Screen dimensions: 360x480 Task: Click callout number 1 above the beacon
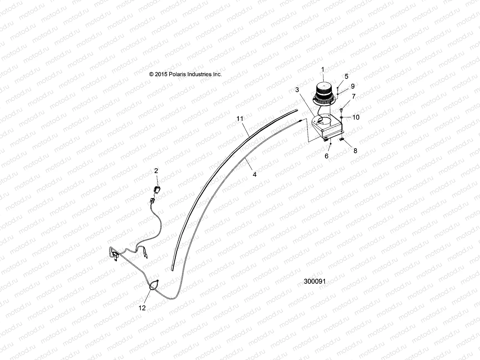click(323, 70)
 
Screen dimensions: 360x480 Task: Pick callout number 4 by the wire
click(254, 174)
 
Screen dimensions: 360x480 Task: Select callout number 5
click(346, 76)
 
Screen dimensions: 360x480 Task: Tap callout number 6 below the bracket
click(327, 156)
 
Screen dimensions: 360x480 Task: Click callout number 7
click(354, 96)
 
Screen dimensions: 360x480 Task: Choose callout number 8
click(355, 151)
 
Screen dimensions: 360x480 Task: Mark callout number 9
click(353, 86)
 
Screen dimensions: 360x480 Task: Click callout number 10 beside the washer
click(355, 117)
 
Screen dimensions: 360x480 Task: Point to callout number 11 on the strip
click(240, 118)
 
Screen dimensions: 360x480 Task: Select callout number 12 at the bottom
click(142, 308)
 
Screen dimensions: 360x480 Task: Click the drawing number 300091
click(315, 281)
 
